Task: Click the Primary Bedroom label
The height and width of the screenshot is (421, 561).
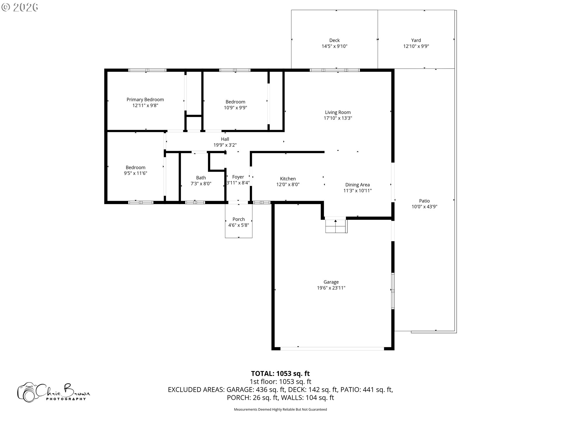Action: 145,100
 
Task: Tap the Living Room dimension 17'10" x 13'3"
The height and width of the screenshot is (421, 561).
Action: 338,118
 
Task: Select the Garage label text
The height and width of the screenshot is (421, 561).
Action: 331,282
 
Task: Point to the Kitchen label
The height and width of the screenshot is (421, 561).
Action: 288,179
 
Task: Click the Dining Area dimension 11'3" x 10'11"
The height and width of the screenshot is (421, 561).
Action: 357,191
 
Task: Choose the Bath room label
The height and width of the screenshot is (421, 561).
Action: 201,178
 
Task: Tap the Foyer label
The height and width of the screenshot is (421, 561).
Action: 238,177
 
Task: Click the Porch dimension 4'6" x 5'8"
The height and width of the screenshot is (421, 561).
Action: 239,225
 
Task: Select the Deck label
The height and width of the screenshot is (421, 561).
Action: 335,40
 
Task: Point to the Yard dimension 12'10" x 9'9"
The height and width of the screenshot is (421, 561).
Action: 416,46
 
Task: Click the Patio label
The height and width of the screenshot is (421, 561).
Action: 425,201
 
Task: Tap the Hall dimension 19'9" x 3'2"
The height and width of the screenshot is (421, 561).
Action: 225,145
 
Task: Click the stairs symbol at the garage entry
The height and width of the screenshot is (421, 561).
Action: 336,225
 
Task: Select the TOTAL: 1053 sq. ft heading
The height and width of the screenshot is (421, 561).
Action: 280,373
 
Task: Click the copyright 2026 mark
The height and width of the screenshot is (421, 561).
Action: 20,7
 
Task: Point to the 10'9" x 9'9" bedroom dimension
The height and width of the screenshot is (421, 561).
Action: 236,108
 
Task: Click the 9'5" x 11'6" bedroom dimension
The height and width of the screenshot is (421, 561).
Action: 136,173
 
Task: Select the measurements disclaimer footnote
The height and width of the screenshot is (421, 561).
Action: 280,409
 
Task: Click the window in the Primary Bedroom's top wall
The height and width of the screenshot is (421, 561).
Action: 147,70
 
